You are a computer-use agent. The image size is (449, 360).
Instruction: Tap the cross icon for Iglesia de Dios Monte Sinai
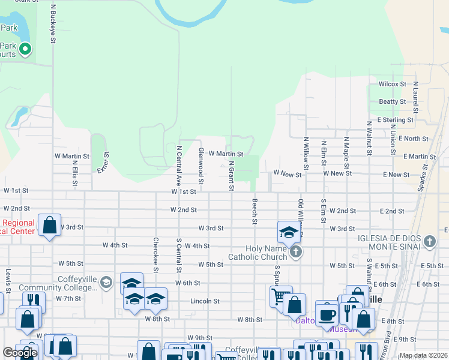click(429, 242)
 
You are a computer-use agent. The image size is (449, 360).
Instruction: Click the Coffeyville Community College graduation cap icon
click(106, 282)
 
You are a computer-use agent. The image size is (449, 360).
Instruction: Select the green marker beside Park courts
click(25, 49)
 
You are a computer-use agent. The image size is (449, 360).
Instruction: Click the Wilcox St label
click(393, 84)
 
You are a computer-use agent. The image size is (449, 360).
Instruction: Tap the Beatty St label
click(393, 102)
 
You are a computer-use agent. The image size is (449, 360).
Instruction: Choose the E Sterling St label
click(396, 120)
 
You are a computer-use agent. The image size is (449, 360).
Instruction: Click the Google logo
click(20, 353)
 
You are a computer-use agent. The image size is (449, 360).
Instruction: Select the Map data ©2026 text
click(423, 355)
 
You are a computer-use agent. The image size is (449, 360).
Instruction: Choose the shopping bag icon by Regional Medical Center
click(50, 226)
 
